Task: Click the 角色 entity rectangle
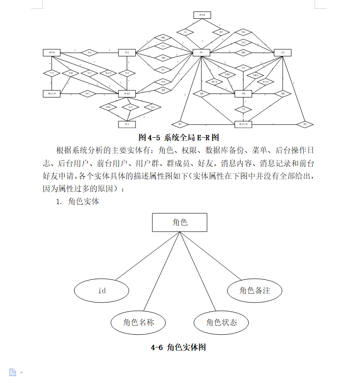point(180,222)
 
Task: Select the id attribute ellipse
point(102,290)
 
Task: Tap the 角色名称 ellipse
point(138,323)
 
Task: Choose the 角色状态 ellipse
point(222,323)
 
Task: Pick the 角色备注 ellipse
point(255,290)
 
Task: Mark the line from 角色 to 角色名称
point(162,271)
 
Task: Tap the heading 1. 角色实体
point(77,201)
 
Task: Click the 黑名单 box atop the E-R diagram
point(202,15)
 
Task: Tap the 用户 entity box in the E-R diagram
point(201,52)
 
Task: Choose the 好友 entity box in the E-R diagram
point(283,52)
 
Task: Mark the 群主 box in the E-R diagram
point(127,125)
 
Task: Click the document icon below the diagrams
point(13,372)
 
